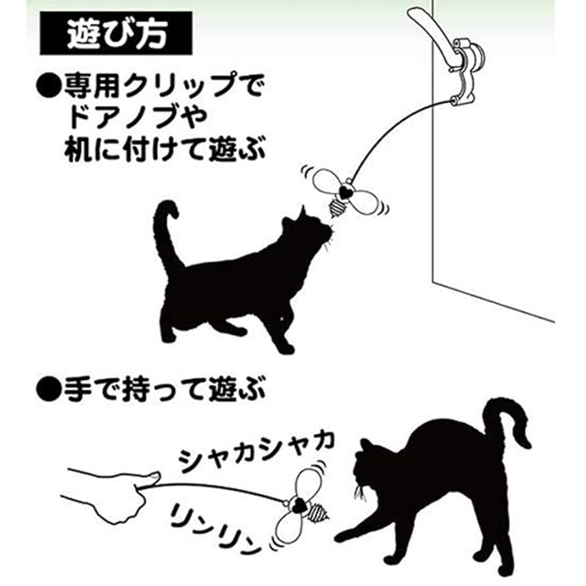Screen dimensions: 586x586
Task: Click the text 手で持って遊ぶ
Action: (163, 393)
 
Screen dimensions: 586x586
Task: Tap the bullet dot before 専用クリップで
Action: (49, 85)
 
